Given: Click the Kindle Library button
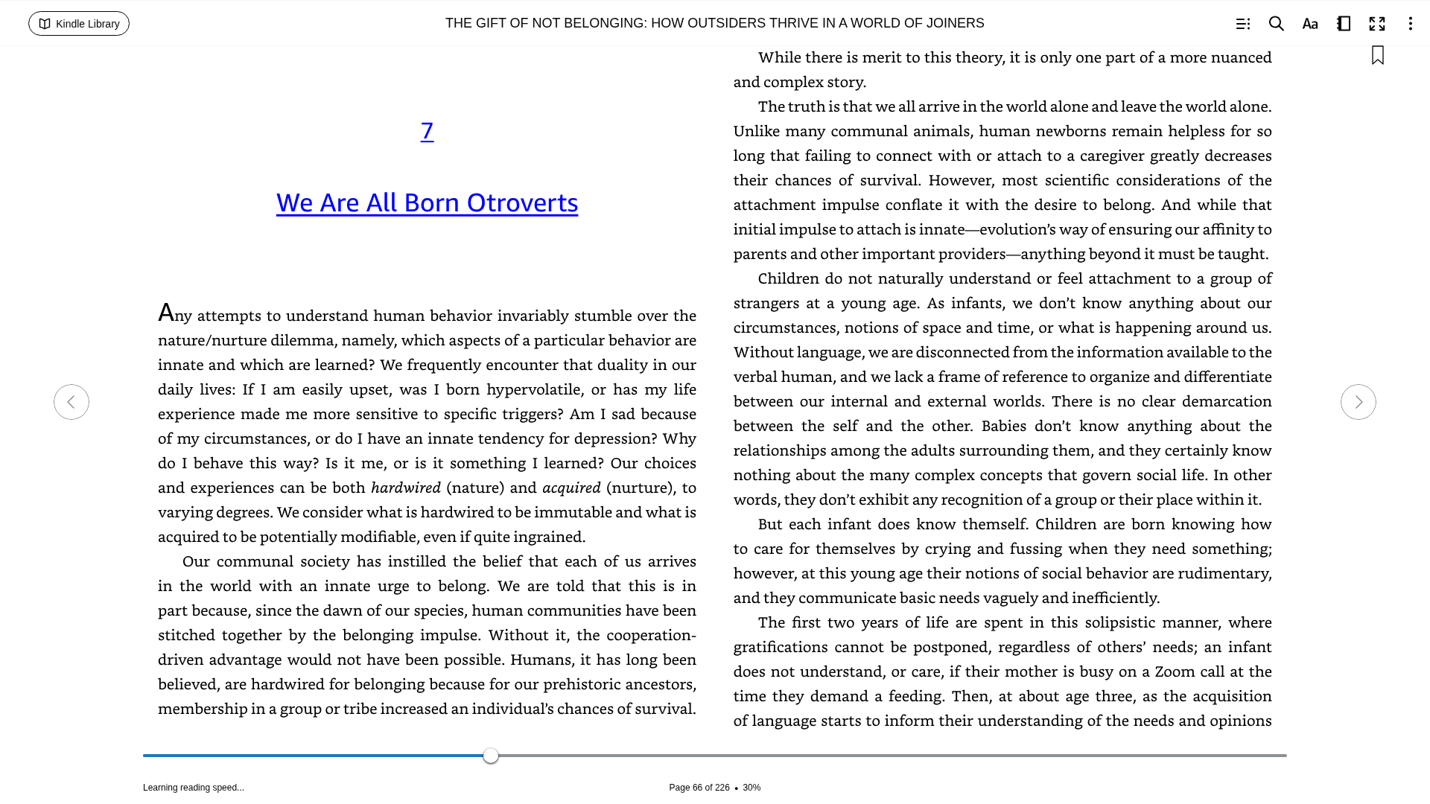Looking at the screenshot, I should [79, 24].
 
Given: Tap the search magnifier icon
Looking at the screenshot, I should [1276, 24].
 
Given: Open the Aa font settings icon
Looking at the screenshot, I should [1310, 24].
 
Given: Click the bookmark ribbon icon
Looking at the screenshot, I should [1377, 56].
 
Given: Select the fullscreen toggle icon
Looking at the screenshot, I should [1377, 24].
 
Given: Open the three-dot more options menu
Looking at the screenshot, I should [1410, 24].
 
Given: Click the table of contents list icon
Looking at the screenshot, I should [1242, 24].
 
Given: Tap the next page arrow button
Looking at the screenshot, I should [1358, 402].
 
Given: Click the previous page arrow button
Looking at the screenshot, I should [71, 402].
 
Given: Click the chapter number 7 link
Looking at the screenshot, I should [427, 131].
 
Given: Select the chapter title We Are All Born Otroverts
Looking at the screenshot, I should [427, 202].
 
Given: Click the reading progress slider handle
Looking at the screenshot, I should [490, 756].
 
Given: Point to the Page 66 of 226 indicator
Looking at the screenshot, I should [699, 788].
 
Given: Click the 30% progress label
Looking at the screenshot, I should [751, 788].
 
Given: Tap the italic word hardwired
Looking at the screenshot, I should [406, 488].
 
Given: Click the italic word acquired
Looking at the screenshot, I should [571, 488].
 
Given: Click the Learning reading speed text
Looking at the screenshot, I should [194, 788].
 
